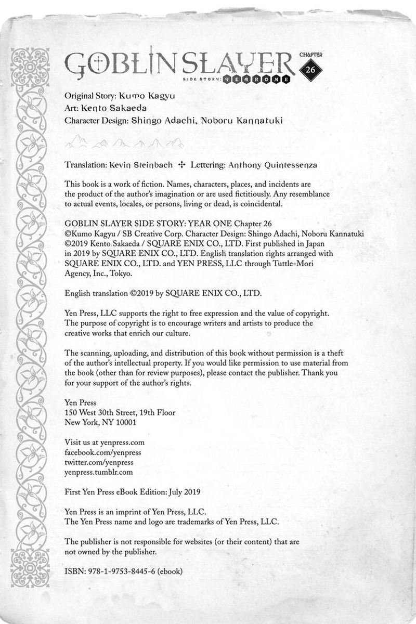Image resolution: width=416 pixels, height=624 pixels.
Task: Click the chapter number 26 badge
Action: click(311, 71)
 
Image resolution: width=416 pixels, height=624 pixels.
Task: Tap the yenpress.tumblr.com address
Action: click(98, 472)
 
